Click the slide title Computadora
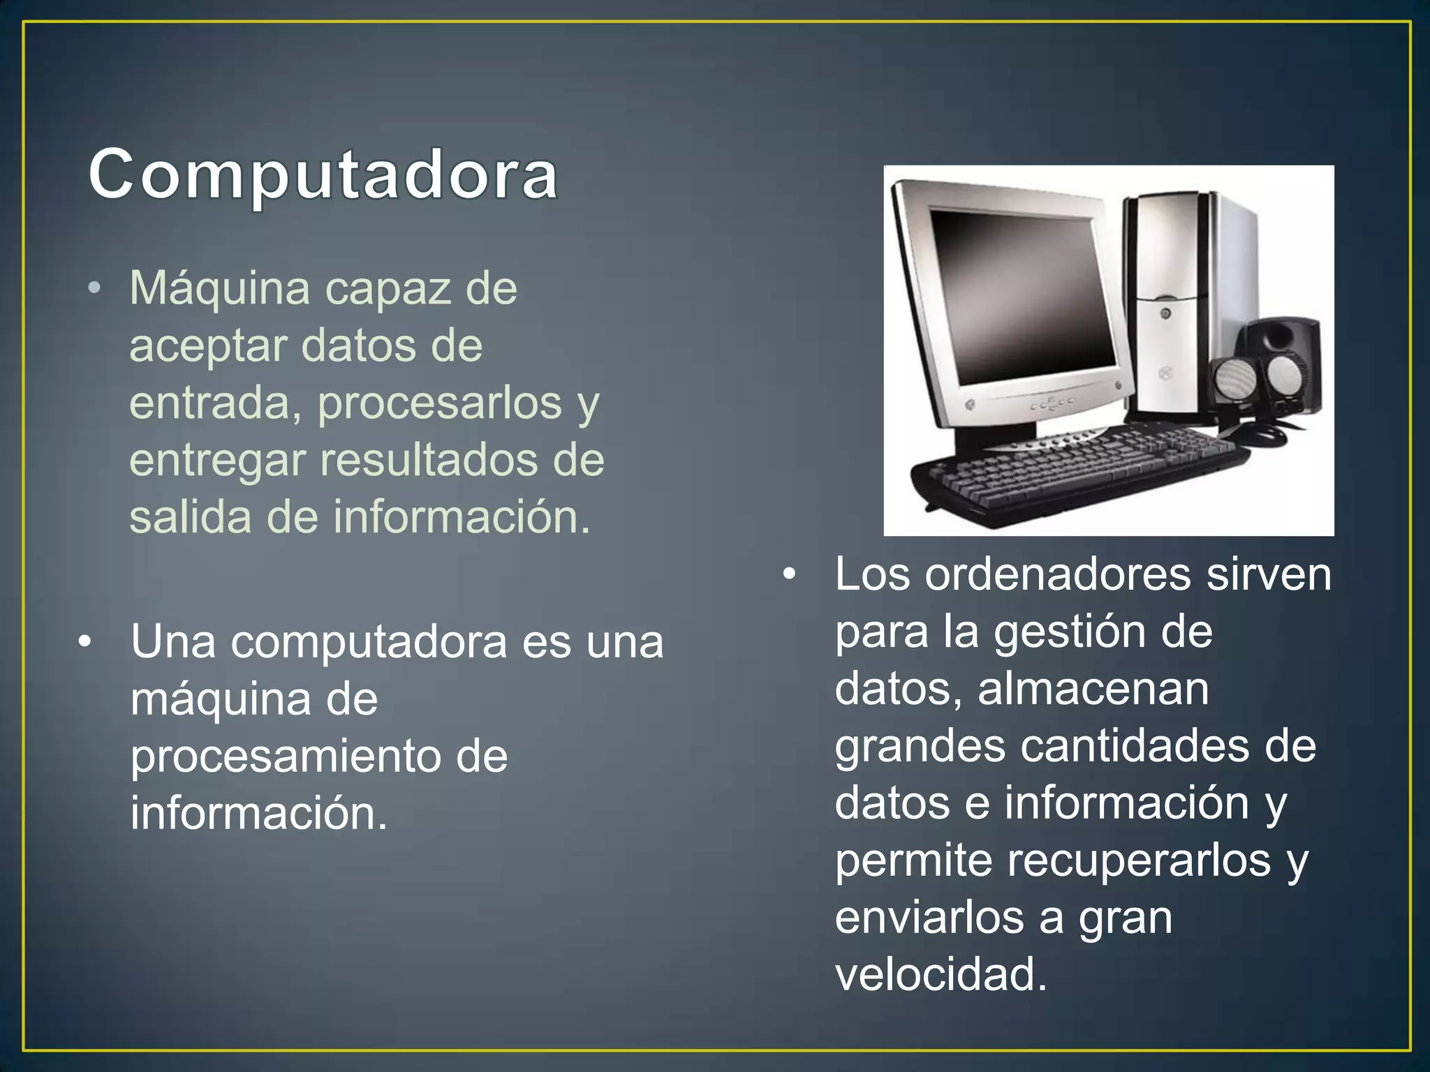[323, 174]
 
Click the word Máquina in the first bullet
[219, 288]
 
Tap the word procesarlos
[440, 403]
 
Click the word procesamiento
[285, 757]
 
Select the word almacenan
[1093, 689]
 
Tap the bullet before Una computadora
[85, 642]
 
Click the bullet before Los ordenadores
[789, 575]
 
